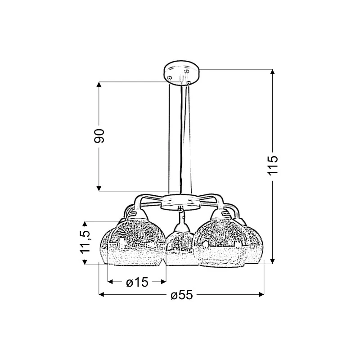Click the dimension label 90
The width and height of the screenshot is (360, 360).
[x=99, y=136]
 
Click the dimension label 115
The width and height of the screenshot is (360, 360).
[x=273, y=166]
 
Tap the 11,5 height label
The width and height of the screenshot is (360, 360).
[x=85, y=242]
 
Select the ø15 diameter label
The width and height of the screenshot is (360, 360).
[x=137, y=282]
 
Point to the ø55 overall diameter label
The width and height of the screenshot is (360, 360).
[x=182, y=295]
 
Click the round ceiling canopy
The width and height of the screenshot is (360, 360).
[x=181, y=72]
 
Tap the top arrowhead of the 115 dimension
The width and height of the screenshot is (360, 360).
[x=272, y=72]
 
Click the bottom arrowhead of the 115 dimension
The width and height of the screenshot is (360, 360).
[x=272, y=261]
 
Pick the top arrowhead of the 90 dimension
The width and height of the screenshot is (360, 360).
[x=99, y=85]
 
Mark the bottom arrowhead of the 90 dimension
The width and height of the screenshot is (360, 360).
[x=99, y=188]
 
